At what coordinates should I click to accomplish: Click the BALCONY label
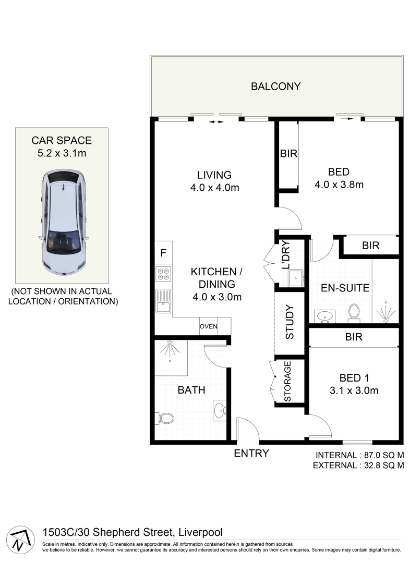(276, 86)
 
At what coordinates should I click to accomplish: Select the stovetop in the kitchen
(163, 274)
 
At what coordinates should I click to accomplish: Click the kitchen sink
(163, 301)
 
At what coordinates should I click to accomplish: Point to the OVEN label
(208, 326)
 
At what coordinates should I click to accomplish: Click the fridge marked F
(163, 254)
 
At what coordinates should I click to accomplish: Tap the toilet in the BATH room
(165, 418)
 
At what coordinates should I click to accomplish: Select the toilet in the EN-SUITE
(354, 311)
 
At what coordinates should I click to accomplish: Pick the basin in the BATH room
(219, 410)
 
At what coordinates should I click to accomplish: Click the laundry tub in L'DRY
(296, 277)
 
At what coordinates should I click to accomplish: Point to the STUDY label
(290, 323)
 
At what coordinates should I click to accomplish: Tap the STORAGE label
(287, 382)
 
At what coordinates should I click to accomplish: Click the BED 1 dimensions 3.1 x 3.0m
(354, 390)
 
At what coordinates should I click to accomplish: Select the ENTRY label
(251, 453)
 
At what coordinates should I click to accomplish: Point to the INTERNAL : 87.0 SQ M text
(359, 455)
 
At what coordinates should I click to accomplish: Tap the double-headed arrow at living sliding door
(216, 122)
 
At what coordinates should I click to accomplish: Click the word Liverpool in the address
(201, 532)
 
